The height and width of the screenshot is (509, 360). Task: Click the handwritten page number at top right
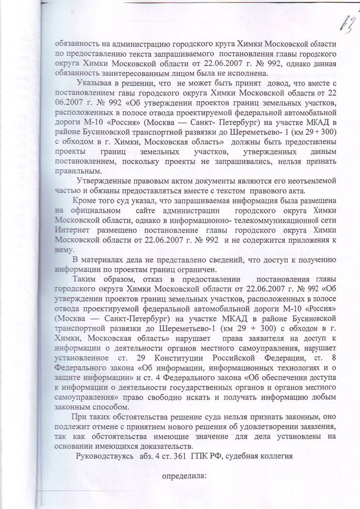click(345, 21)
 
